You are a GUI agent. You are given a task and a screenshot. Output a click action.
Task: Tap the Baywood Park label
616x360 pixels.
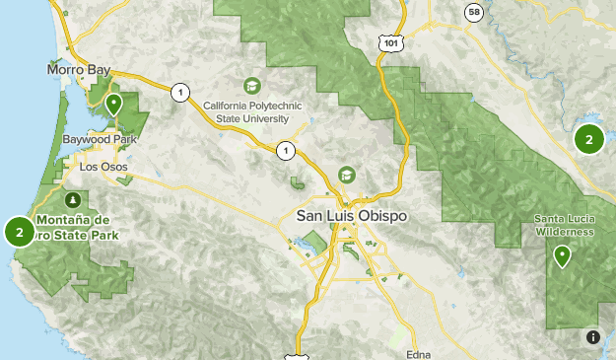click(97, 141)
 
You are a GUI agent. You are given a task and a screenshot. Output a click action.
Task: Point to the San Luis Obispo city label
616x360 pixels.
click(351, 216)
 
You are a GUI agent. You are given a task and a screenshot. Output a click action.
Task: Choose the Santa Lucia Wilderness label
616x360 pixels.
click(564, 224)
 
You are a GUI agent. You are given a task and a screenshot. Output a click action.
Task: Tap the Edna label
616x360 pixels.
click(419, 353)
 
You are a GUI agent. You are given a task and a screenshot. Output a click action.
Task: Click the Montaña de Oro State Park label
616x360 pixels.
click(77, 227)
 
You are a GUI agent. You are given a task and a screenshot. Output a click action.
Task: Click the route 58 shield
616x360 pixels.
click(474, 12)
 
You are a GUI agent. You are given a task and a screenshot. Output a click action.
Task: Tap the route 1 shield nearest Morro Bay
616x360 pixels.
click(179, 93)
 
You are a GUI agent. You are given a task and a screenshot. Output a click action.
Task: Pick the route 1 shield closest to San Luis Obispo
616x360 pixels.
click(286, 150)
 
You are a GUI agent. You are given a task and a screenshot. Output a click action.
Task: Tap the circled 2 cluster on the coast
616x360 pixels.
click(20, 232)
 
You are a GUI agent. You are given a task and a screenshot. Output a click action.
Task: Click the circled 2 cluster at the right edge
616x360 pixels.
click(588, 139)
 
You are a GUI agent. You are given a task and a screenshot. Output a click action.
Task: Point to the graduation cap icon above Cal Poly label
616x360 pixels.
click(252, 86)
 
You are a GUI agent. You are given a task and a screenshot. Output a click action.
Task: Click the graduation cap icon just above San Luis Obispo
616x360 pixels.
click(347, 175)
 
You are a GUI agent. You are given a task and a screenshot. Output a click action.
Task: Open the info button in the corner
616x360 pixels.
click(592, 336)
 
